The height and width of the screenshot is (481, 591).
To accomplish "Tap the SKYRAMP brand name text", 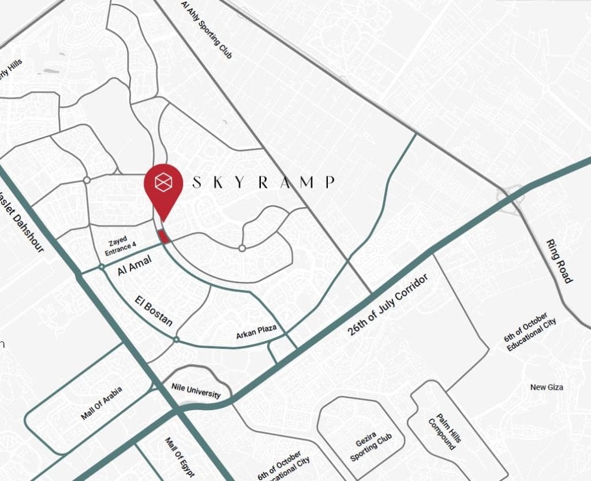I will point(263,183).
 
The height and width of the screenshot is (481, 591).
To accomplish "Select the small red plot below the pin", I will point(164,236).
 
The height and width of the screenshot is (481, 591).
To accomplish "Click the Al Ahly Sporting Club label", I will point(206,29).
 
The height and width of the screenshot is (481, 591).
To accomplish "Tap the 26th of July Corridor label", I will point(388,306).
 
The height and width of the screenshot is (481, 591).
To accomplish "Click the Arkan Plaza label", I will point(256,333).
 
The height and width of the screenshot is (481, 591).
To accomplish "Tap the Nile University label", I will point(196,391).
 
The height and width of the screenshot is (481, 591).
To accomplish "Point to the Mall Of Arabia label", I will point(102,403).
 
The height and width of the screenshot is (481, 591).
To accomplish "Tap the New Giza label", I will point(547,387).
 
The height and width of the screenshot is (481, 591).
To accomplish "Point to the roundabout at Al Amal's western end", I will point(101,266).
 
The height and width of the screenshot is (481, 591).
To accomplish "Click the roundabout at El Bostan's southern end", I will point(176,340).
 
